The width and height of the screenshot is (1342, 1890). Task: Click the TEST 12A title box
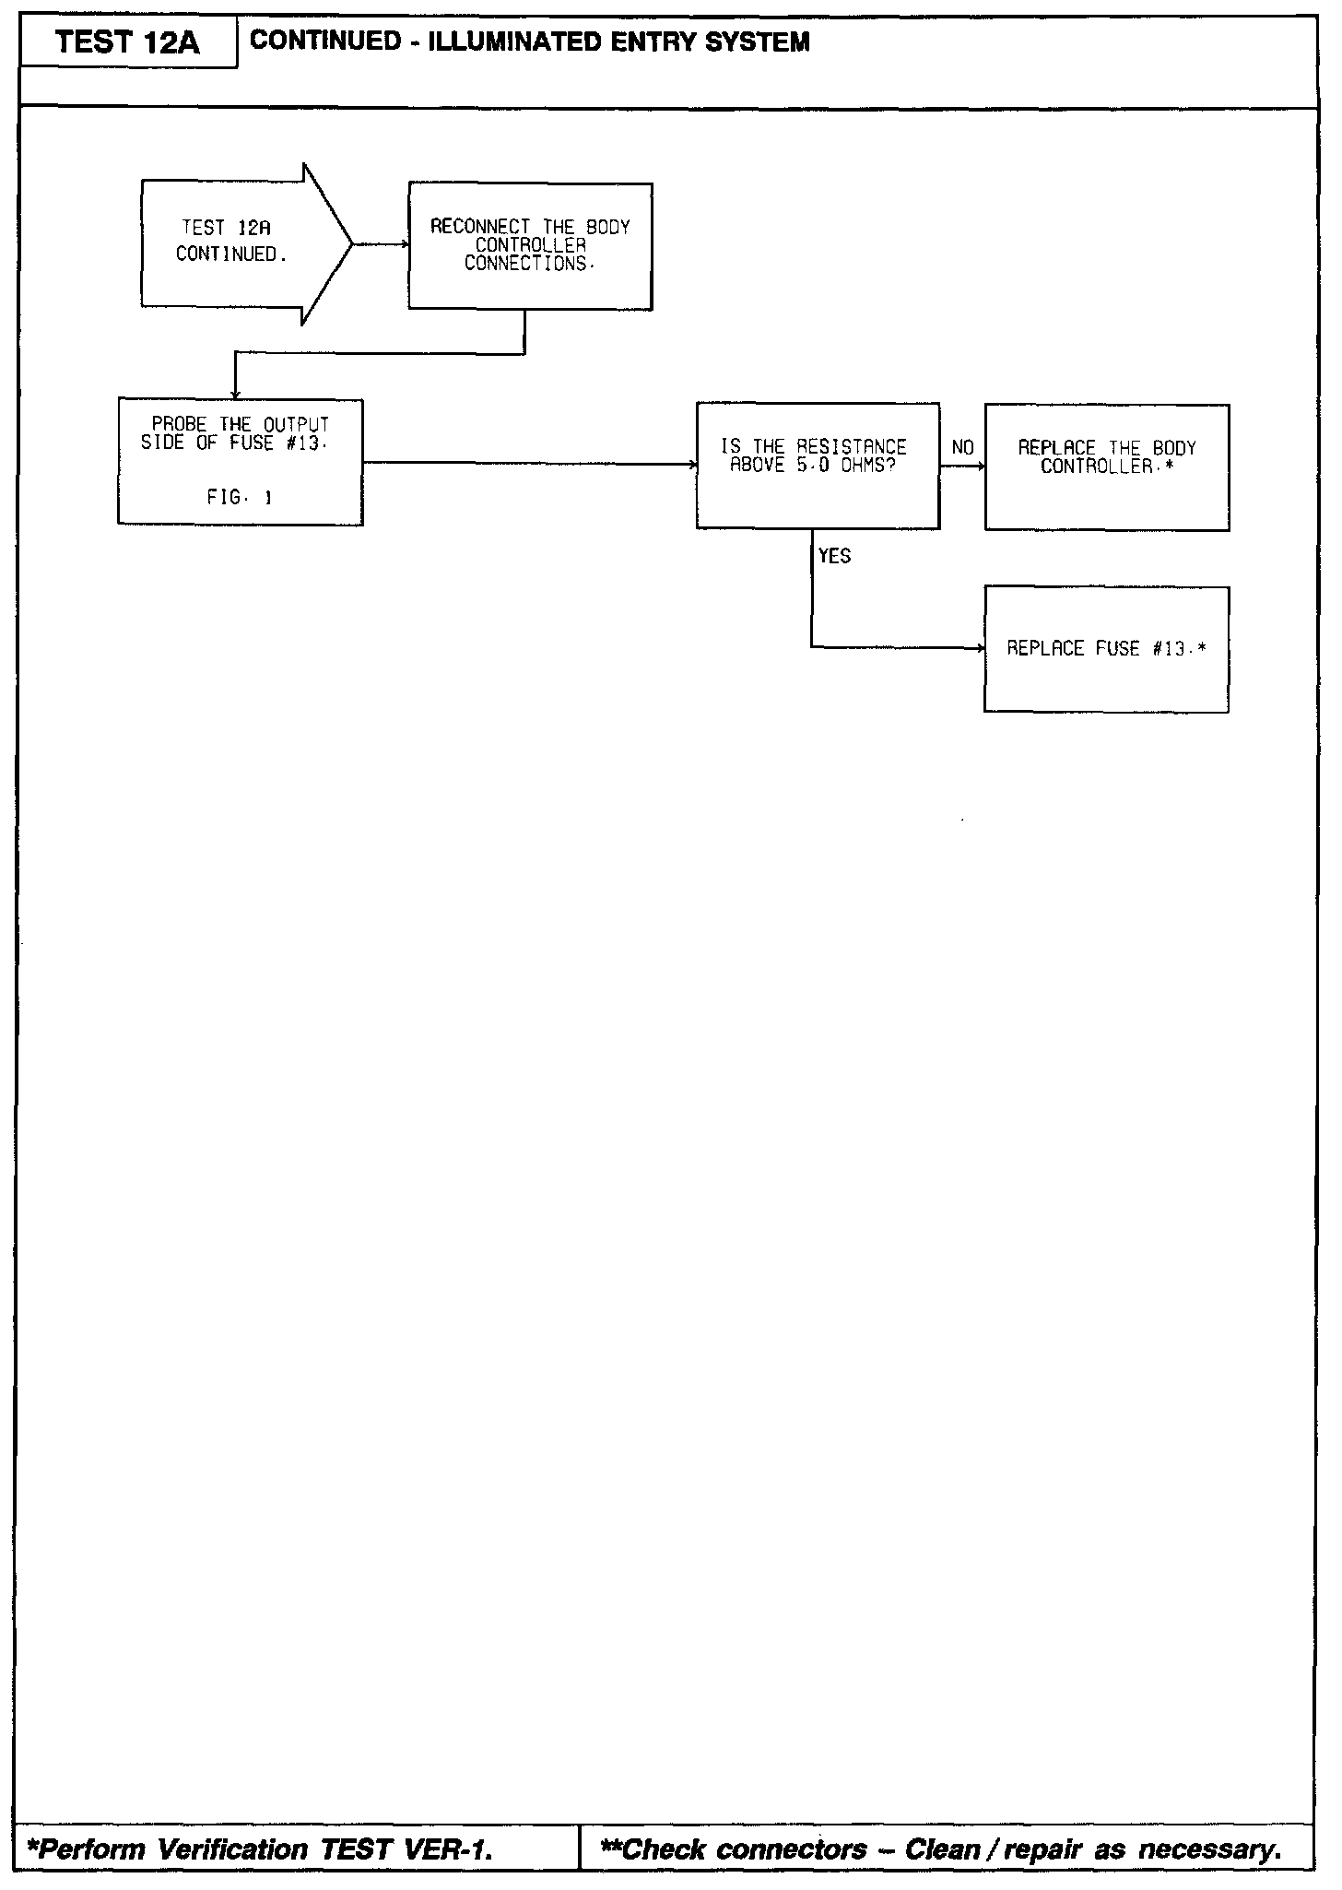pos(128,42)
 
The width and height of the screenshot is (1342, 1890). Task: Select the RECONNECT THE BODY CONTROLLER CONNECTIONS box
pos(530,245)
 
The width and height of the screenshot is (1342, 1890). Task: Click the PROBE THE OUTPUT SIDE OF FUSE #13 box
pos(240,461)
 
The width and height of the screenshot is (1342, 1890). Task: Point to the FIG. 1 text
pos(240,498)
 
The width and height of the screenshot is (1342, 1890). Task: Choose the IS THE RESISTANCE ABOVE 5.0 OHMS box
pos(818,465)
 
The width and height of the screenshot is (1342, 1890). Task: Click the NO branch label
pos(962,448)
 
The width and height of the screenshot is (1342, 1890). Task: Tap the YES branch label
pos(835,556)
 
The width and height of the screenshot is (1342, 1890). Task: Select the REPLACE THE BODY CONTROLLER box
pos(1106,467)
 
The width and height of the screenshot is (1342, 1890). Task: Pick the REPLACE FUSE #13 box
pos(1106,648)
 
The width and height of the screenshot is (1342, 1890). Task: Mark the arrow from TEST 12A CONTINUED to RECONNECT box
pos(381,244)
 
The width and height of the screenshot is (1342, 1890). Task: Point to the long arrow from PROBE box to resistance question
pos(530,464)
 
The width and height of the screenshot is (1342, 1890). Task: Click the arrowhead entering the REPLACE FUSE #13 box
pos(980,648)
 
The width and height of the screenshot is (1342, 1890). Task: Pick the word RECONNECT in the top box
pos(480,227)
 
